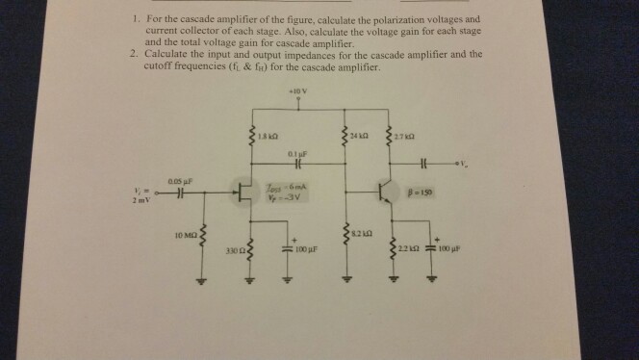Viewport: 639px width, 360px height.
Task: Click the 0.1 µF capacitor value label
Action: pos(296,153)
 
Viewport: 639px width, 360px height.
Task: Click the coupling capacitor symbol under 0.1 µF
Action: pos(296,165)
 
